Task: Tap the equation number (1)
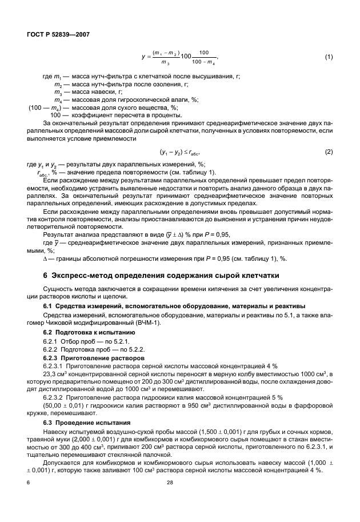pos(329,57)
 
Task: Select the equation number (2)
pos(329,152)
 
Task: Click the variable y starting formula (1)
pos(142,57)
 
